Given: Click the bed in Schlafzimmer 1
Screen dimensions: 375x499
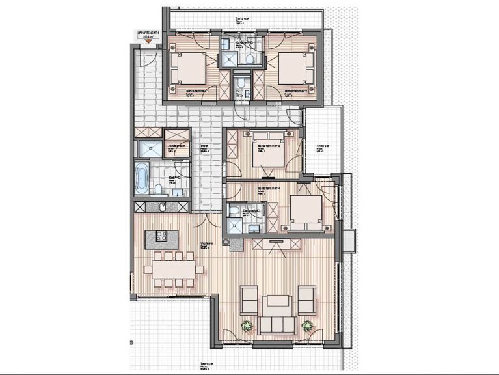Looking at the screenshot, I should click(191, 68).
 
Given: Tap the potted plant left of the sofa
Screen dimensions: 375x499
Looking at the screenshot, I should click(247, 326).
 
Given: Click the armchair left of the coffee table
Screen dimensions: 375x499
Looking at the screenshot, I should click(249, 299).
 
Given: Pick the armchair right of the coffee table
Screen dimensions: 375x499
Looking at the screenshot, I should click(306, 299).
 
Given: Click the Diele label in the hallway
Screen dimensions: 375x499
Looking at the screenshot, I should click(204, 146).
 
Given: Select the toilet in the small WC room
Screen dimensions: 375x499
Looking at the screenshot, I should click(240, 83).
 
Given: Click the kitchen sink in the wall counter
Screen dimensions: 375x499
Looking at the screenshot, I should click(162, 207).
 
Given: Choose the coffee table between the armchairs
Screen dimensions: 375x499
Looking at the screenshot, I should click(278, 301).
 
